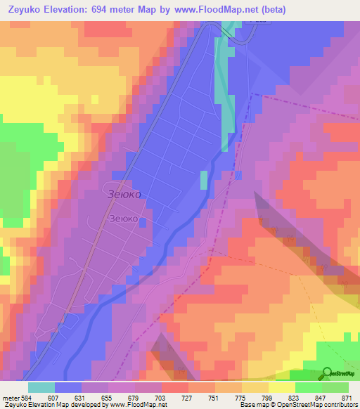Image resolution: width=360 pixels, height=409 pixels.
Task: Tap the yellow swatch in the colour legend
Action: [x=281, y=387]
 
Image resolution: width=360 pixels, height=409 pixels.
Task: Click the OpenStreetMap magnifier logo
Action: [x=327, y=372]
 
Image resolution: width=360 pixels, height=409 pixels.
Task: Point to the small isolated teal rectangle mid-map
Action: [x=204, y=180]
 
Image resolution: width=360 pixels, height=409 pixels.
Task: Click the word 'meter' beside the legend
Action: [x=11, y=397]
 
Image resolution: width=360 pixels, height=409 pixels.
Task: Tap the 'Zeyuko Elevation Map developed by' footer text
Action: [x=49, y=405]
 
